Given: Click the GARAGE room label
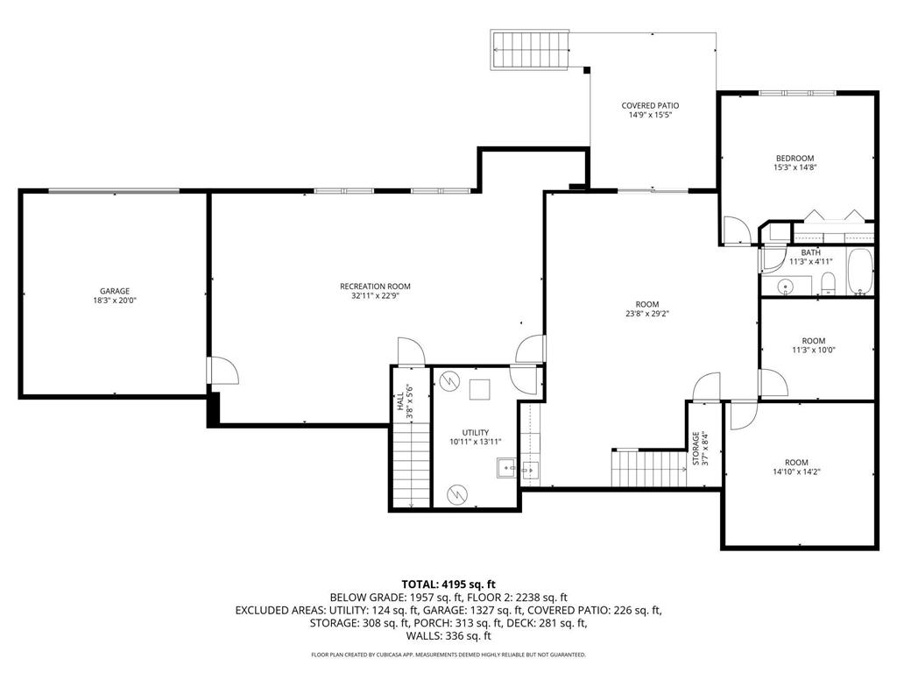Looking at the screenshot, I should coord(114,291).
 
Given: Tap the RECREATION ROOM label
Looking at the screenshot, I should coord(375,286).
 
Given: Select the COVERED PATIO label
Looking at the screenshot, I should coord(650,105).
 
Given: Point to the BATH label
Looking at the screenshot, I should coord(810,252).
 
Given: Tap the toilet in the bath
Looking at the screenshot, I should coord(827,282).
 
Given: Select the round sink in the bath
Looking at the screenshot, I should coord(786,285).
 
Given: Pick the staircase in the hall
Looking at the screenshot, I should coord(411,464).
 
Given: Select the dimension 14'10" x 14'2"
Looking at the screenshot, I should coord(796,471).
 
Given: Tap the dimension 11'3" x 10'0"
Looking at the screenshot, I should coord(813,350).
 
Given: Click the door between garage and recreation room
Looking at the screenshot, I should coord(222,370).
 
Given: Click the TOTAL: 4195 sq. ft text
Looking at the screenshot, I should coord(448,584).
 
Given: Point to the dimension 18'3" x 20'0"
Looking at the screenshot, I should coord(114,300).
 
